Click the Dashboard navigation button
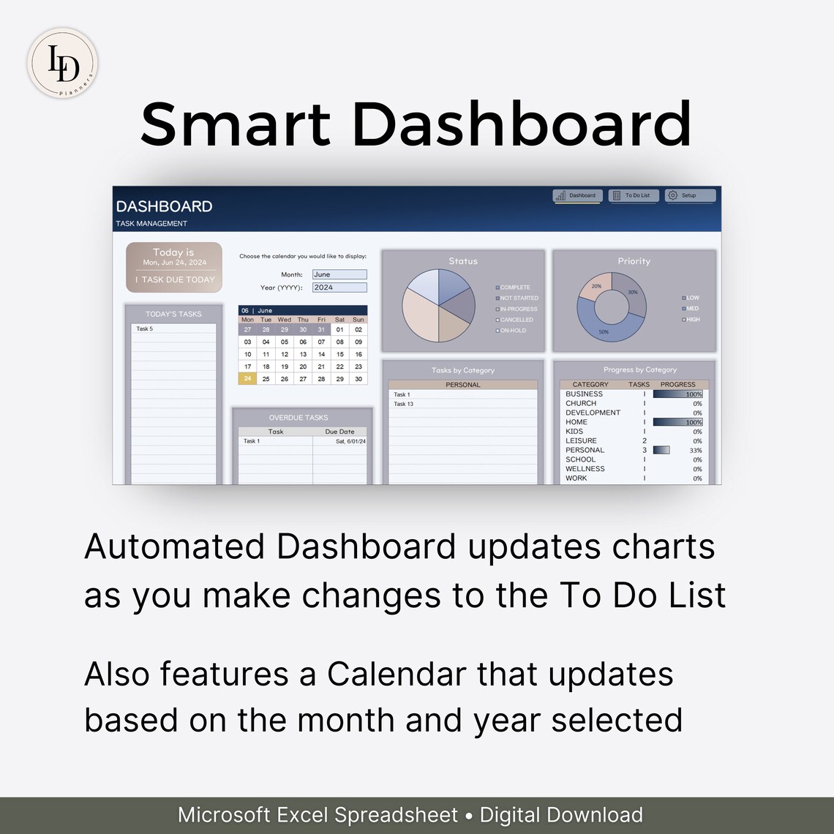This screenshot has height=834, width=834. pyautogui.click(x=578, y=195)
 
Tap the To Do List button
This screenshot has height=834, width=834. pyautogui.click(x=633, y=195)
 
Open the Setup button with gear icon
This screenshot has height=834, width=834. pyautogui.click(x=690, y=195)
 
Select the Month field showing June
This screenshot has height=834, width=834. pyautogui.click(x=339, y=274)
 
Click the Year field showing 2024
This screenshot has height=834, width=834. pyautogui.click(x=339, y=288)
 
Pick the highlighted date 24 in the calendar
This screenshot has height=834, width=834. pyautogui.click(x=247, y=379)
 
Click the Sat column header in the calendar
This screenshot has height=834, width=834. pyautogui.click(x=339, y=320)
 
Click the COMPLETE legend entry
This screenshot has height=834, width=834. pyautogui.click(x=515, y=288)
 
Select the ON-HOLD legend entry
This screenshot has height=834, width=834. pyautogui.click(x=514, y=331)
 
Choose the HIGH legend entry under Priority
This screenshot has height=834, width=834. pyautogui.click(x=692, y=320)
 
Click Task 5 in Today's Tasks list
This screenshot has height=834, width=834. pyautogui.click(x=145, y=329)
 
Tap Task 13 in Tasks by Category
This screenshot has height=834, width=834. pyautogui.click(x=403, y=404)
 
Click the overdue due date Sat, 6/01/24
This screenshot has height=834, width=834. pyautogui.click(x=350, y=442)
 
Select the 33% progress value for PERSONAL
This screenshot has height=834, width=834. pyautogui.click(x=696, y=451)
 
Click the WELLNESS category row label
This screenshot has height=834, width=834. pyautogui.click(x=585, y=469)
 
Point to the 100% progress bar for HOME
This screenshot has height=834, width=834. pyautogui.click(x=677, y=422)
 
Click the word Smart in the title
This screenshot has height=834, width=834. pyautogui.click(x=233, y=124)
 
